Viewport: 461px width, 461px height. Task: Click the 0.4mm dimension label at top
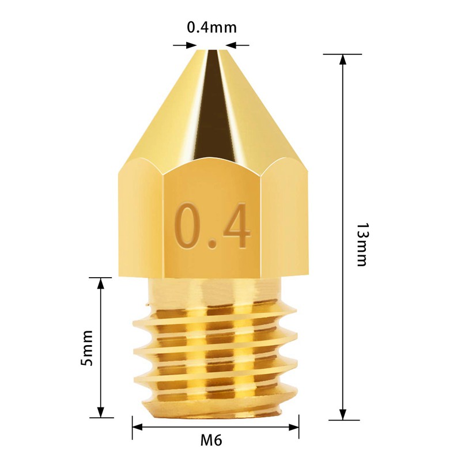(211, 27)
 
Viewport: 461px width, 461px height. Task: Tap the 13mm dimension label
(361, 244)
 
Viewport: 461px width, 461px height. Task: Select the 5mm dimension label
(87, 347)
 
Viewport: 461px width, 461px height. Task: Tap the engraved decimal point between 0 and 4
(212, 244)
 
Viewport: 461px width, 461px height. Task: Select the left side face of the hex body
(141, 219)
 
